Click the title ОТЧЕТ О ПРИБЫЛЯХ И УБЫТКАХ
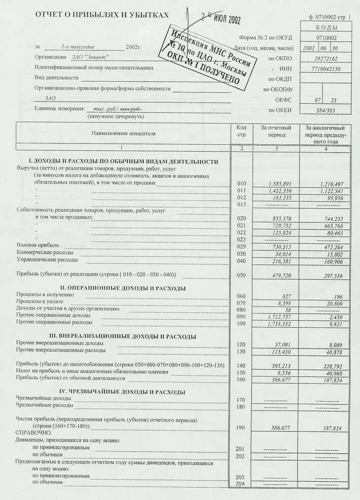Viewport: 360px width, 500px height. [x=101, y=16]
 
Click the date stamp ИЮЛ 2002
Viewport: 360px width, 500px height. [x=220, y=19]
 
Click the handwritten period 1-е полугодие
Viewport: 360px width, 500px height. [x=79, y=47]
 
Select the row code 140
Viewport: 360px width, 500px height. [x=241, y=365]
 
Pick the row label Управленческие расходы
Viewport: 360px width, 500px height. [x=47, y=259]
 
